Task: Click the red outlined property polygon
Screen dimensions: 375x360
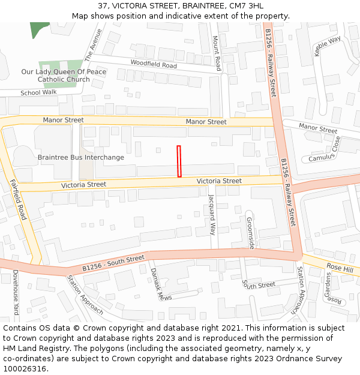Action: pos(179,161)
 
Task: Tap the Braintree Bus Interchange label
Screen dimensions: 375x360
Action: pos(81,158)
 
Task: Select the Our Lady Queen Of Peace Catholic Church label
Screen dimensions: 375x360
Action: pos(64,76)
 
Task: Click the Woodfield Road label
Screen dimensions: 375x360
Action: pos(154,64)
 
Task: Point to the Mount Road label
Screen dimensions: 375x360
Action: pos(217,52)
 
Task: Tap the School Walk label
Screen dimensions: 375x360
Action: pos(38,92)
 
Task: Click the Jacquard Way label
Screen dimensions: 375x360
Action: pos(211,214)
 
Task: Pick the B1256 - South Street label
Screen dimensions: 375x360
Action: pos(113,262)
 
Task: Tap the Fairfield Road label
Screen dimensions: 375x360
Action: pos(19,200)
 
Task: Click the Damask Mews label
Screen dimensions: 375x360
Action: pos(157,284)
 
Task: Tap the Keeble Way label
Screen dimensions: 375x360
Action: pos(327,46)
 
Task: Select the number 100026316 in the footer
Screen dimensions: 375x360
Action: pos(25,368)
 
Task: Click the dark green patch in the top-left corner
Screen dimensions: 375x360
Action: pos(39,29)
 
